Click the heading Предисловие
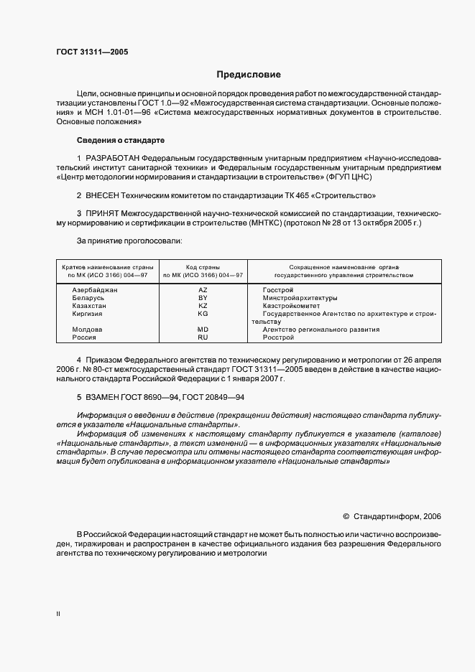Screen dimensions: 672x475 point(249,75)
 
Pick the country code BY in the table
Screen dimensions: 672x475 point(203,297)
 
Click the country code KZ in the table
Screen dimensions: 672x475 point(203,305)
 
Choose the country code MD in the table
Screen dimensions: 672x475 point(203,330)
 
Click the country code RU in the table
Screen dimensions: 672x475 point(203,337)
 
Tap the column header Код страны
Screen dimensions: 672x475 point(203,266)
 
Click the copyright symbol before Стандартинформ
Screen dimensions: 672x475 point(346,515)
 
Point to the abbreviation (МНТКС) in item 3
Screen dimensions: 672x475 point(283,223)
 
